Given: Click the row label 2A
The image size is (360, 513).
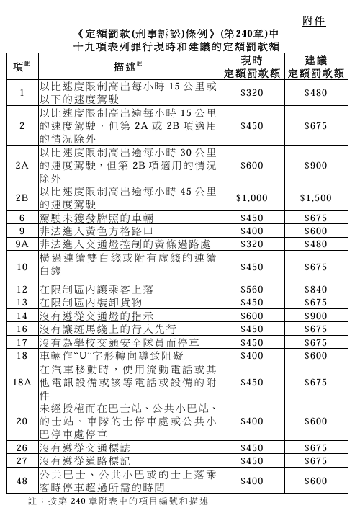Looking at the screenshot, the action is coord(22,165).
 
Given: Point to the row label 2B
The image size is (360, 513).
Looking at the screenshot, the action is coord(22,196).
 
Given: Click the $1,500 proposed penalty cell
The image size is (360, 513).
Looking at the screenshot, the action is coord(315,197).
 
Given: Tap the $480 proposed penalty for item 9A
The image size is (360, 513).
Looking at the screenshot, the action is coord(315,244).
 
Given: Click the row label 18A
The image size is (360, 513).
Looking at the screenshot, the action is coord(22,382).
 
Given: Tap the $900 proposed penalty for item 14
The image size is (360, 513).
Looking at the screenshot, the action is coord(315,316).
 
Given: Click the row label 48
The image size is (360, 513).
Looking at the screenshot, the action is coord(22,481).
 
